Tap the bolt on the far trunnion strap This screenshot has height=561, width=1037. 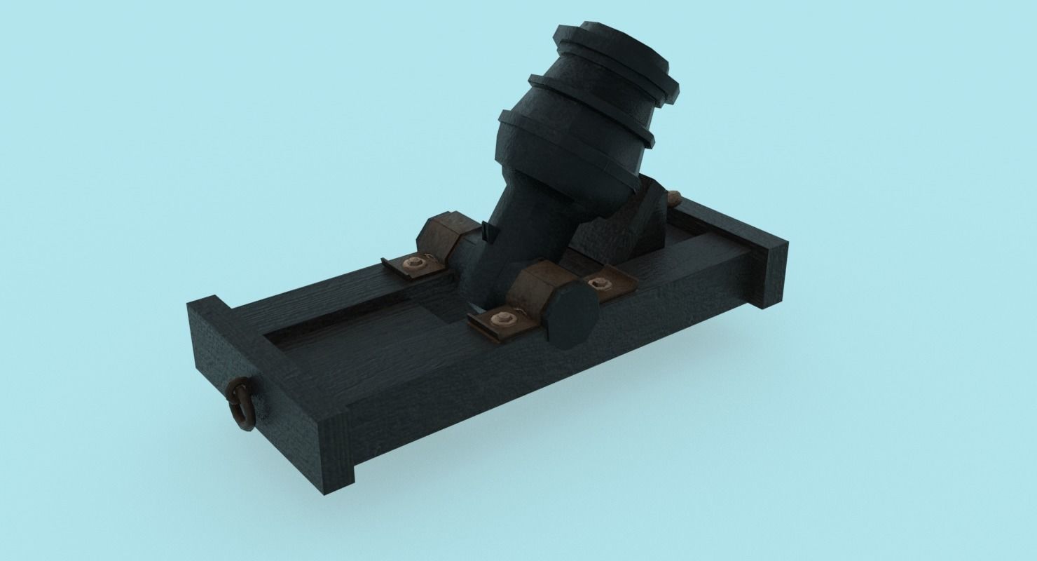coord(414,263)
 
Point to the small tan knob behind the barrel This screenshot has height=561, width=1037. coord(675,198)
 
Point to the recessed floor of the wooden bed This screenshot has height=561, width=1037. coord(364,330)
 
